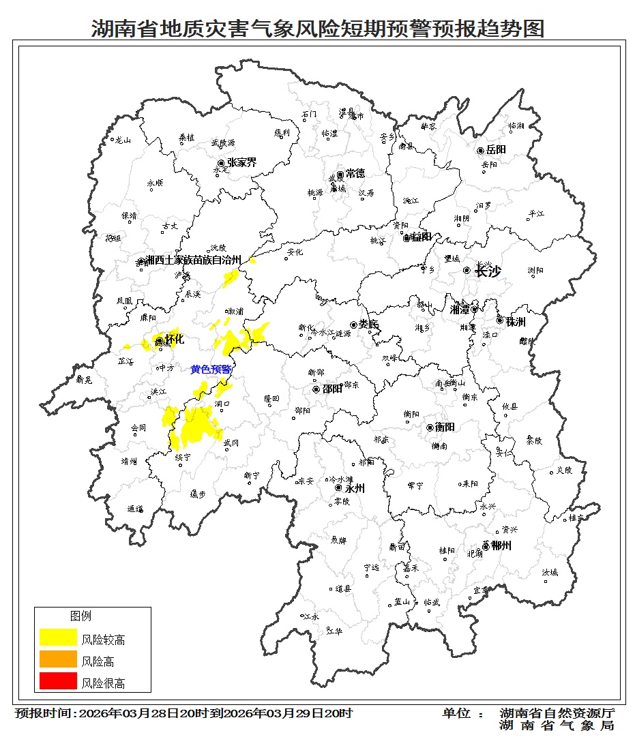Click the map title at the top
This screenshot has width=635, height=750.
tap(318, 29)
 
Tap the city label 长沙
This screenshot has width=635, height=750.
tap(488, 271)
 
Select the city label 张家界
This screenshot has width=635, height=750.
tap(241, 163)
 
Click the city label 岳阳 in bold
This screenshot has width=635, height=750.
tap(497, 150)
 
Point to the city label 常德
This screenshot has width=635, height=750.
tap(355, 174)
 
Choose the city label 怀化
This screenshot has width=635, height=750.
tap(175, 340)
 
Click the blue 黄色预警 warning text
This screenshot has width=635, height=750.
tap(211, 369)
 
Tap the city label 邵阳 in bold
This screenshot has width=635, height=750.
tap(332, 389)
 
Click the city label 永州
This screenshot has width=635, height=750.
tap(355, 488)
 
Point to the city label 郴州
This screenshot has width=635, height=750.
tap(501, 545)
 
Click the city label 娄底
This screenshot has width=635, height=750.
tap(368, 325)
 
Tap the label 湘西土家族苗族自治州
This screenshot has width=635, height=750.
tap(194, 260)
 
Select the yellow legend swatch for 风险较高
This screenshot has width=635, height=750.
tap(58, 637)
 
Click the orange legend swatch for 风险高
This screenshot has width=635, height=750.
tap(58, 659)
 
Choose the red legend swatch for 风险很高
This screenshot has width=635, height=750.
tap(58, 681)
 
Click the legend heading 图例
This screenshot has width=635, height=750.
tap(80, 616)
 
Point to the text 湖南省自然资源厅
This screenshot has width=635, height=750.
tap(557, 713)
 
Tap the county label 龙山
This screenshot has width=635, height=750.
tap(122, 140)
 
